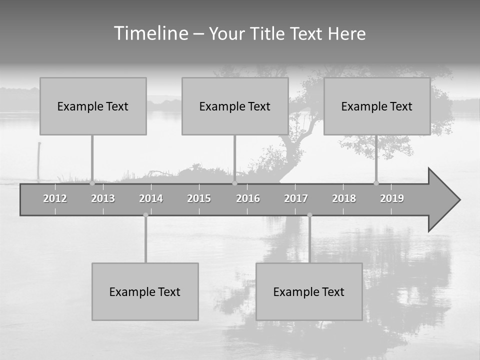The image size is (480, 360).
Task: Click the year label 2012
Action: click(x=55, y=198)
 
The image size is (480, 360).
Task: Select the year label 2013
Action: click(x=103, y=198)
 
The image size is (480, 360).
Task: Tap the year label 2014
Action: click(x=151, y=198)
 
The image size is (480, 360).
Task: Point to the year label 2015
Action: click(x=199, y=198)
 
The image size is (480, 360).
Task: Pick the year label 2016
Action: click(x=248, y=198)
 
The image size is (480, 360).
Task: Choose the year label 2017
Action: click(x=296, y=198)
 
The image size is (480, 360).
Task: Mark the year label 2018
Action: click(x=344, y=198)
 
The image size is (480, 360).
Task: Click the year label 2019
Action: click(x=392, y=198)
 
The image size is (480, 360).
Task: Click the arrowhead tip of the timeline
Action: click(x=459, y=200)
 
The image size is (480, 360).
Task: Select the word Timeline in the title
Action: click(x=150, y=33)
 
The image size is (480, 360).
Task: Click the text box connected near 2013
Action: click(x=93, y=106)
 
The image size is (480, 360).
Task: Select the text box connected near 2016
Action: click(x=235, y=106)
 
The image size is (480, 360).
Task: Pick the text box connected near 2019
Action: click(x=377, y=106)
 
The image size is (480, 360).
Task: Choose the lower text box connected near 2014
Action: click(x=145, y=291)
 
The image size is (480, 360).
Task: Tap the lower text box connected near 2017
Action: click(x=309, y=291)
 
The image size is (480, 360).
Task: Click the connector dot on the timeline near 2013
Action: click(x=92, y=183)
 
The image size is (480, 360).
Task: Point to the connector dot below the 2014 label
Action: click(x=145, y=215)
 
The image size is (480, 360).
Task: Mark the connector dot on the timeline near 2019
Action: click(x=376, y=183)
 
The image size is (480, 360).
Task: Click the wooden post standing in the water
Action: click(x=39, y=160)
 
